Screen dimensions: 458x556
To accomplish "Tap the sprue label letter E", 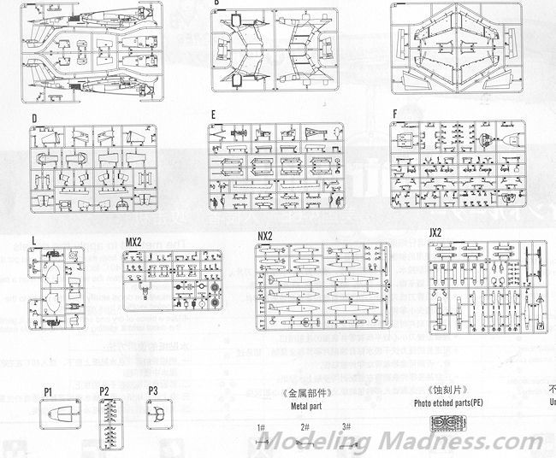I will pyautogui.click(x=213, y=114).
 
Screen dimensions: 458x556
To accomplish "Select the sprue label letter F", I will pyautogui.click(x=394, y=114).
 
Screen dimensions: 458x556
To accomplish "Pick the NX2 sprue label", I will pyautogui.click(x=265, y=236).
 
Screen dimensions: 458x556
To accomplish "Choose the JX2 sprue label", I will pyautogui.click(x=435, y=233).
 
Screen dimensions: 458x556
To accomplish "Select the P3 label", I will pyautogui.click(x=154, y=390).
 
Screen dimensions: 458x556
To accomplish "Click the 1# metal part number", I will pyautogui.click(x=260, y=426).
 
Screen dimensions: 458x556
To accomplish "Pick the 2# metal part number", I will pyautogui.click(x=304, y=426).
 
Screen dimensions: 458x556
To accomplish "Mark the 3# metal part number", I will pyautogui.click(x=346, y=426).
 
